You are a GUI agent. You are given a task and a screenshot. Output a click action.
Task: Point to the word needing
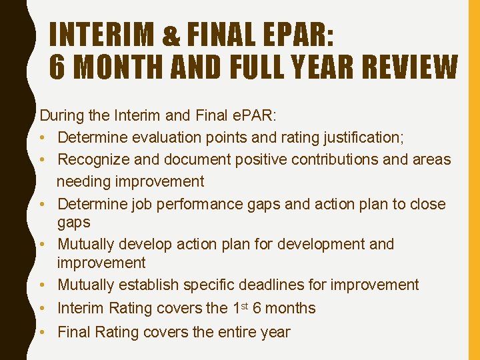coord(83,181)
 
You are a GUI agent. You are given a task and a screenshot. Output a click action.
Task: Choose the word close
coord(425,203)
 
